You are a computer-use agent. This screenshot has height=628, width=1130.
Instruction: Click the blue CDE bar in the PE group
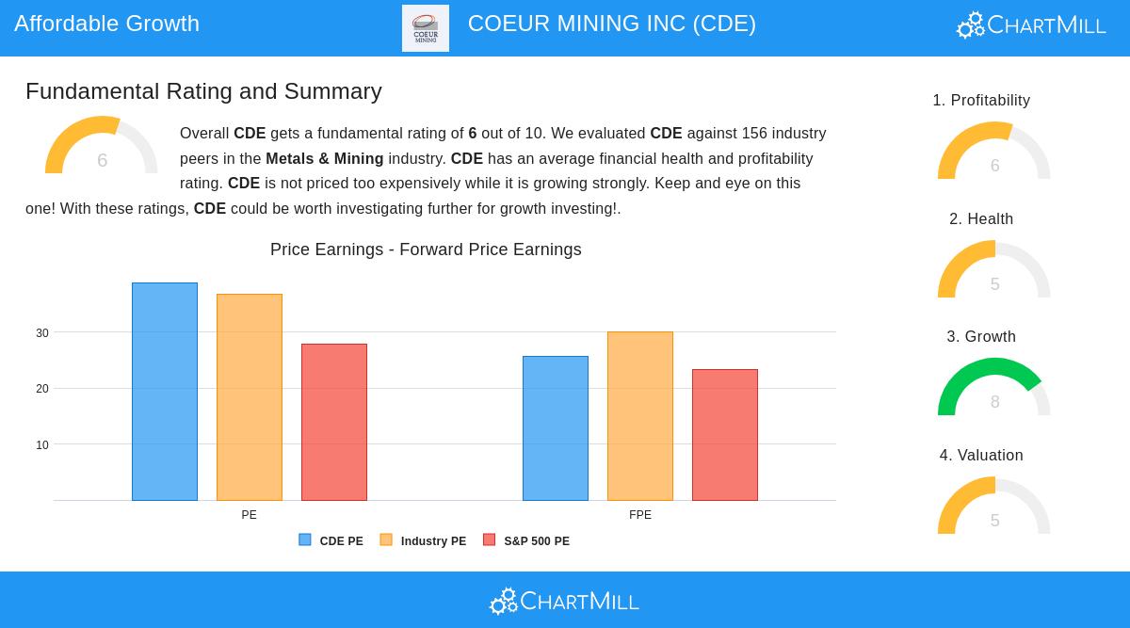click(x=165, y=391)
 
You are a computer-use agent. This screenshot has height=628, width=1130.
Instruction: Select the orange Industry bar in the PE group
click(x=250, y=396)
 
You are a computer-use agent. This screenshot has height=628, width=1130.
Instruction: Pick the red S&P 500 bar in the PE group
click(x=334, y=422)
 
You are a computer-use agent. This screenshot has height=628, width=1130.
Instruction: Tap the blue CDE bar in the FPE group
click(x=556, y=427)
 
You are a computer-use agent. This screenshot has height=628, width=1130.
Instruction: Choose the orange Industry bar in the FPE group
click(x=640, y=415)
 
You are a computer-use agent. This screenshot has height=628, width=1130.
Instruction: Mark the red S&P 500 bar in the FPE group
click(x=725, y=434)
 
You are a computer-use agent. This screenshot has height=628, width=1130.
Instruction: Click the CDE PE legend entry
click(x=331, y=541)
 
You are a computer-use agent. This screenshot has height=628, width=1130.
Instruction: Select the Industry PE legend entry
click(x=423, y=541)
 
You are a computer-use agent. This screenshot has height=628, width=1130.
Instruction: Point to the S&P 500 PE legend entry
click(x=526, y=541)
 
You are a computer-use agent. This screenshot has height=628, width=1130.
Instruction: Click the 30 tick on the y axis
click(x=42, y=333)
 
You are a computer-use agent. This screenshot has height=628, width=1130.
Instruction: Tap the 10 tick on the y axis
click(x=42, y=445)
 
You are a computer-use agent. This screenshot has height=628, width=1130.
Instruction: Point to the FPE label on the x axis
click(x=640, y=515)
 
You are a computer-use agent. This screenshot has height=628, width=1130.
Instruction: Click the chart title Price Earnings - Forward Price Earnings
click(x=426, y=250)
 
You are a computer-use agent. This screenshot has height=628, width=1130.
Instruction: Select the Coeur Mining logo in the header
click(x=426, y=28)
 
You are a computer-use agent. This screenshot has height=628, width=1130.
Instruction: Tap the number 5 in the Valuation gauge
click(x=994, y=521)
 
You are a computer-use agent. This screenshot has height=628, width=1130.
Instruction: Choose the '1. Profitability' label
click(x=981, y=101)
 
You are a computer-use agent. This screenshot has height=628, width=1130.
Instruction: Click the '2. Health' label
click(x=981, y=219)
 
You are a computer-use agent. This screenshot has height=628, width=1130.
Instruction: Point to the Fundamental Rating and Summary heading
click(x=203, y=91)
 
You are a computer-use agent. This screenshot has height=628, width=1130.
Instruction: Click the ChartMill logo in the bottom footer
click(x=565, y=601)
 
